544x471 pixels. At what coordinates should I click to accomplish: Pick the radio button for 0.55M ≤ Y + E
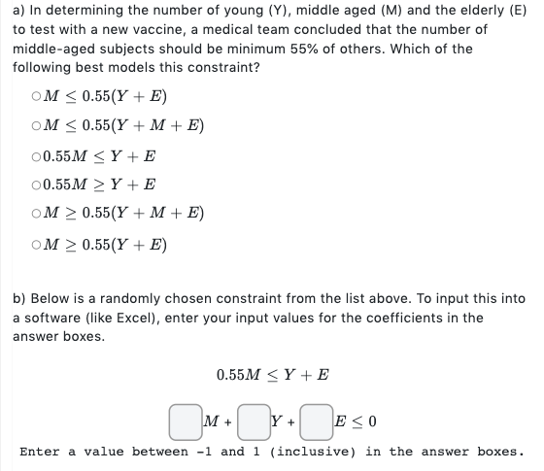pyautogui.click(x=36, y=156)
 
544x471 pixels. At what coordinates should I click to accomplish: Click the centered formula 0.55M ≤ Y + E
pyautogui.click(x=273, y=374)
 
